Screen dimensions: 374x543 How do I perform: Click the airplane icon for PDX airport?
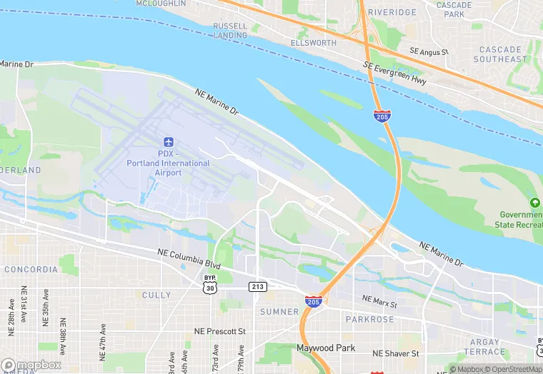169,143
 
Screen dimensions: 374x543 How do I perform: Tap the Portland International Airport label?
169,163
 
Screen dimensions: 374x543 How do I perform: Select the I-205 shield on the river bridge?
382,116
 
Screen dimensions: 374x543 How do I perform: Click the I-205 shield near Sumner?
313,301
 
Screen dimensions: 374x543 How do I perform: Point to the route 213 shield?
258,286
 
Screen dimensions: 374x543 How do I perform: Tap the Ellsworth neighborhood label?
313,43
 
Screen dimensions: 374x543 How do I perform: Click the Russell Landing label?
230,31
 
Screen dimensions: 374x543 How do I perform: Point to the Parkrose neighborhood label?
369,319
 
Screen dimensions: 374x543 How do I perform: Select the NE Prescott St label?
220,332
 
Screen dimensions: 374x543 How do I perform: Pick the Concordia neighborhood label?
31,270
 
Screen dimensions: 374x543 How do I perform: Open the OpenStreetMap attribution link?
513,369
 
